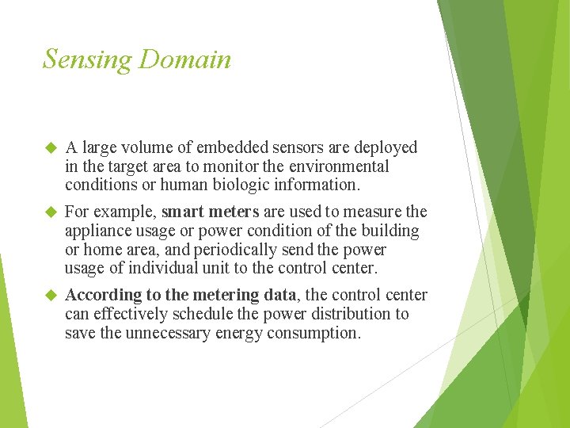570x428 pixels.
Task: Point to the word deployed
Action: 386,147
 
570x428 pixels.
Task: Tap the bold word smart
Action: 184,212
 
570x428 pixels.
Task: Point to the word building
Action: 390,231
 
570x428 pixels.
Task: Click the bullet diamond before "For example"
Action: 51,212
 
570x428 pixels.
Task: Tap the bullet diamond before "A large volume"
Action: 51,147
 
